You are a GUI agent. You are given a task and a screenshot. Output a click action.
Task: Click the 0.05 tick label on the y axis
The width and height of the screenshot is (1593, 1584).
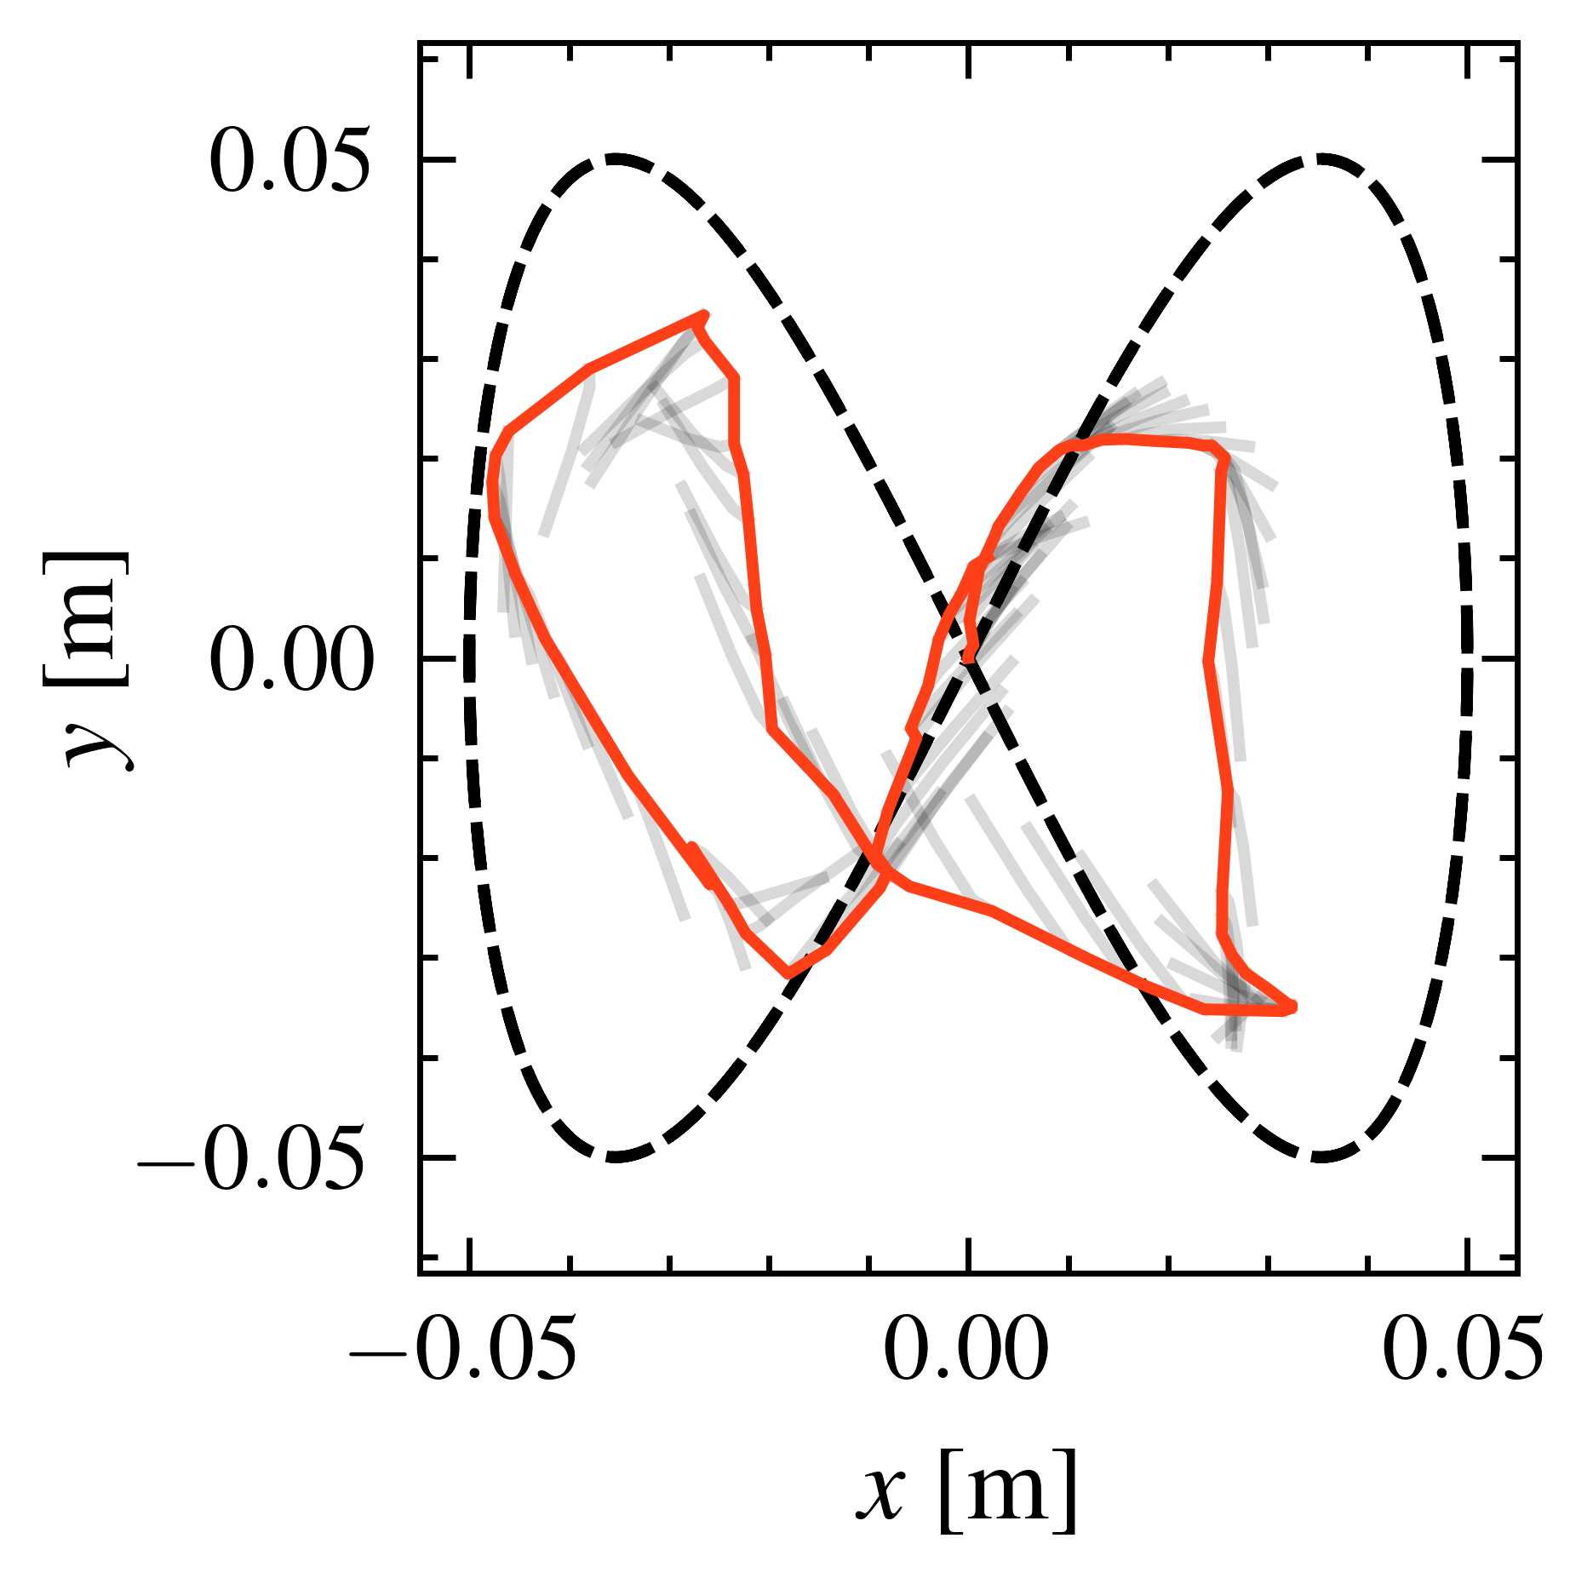click(x=289, y=160)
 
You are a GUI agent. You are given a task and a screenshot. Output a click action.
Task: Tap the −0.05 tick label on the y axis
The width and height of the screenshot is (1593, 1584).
click(x=252, y=1159)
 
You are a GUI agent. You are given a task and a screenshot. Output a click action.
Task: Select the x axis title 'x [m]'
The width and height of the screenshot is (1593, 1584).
click(x=966, y=1490)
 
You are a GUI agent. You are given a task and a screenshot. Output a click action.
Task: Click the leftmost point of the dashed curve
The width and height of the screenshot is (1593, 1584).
click(x=469, y=658)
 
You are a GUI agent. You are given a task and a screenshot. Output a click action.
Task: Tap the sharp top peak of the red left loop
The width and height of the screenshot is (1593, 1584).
click(x=704, y=315)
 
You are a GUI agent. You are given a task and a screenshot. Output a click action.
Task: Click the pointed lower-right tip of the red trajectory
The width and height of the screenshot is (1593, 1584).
click(x=1292, y=1007)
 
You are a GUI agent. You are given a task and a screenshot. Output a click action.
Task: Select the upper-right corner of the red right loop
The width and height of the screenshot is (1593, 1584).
click(x=1224, y=456)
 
